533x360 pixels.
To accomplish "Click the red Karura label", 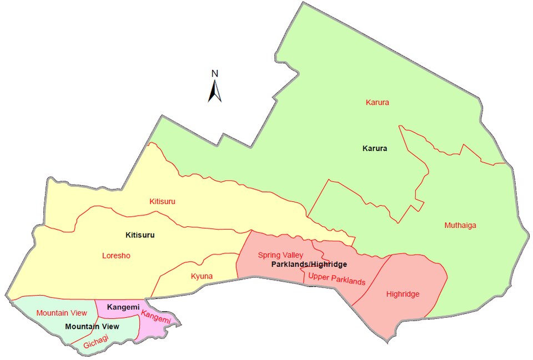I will coord(377,103).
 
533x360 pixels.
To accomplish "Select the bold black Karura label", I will coord(374,149).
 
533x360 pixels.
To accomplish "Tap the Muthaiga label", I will coord(460,225).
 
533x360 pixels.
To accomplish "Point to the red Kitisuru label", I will coord(162,201).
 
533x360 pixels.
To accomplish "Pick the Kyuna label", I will coord(202,276).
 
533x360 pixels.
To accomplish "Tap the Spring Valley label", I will coord(280,255).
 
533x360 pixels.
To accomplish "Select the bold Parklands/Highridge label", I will coord(309,265).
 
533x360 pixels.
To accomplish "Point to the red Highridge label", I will coord(403,294).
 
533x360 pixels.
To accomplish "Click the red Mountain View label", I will coord(61,313).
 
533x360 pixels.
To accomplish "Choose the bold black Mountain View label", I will coord(89,326).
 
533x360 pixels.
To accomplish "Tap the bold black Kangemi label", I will coord(123,307).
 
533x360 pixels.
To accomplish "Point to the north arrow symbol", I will coord(215,92).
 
